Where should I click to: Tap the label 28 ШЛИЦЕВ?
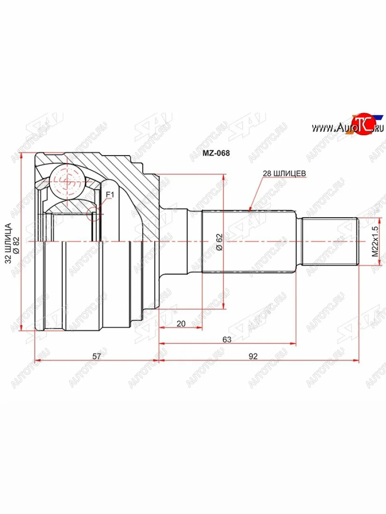[284, 173]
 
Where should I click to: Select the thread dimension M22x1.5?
[375, 242]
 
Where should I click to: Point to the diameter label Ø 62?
[219, 242]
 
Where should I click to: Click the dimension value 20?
[181, 324]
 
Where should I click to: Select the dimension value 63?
[227, 340]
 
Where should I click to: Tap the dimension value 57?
[96, 356]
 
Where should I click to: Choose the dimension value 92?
[253, 356]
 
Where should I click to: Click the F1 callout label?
[109, 195]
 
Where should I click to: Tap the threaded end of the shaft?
[330, 242]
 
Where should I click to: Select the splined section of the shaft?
[249, 242]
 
